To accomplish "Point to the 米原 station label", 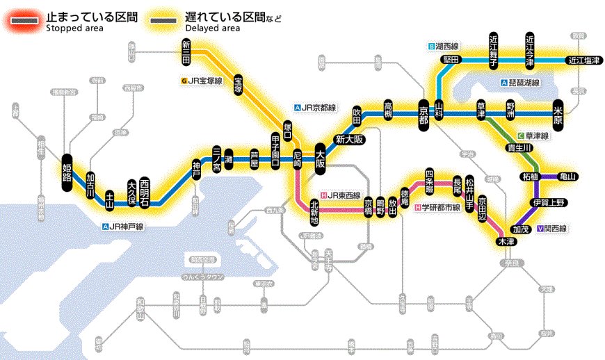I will pyautogui.click(x=558, y=111).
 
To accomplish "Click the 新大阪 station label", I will pyautogui.click(x=349, y=139).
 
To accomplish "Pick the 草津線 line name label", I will pyautogui.click(x=534, y=135).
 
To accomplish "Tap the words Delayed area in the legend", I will pyautogui.click(x=213, y=28).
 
